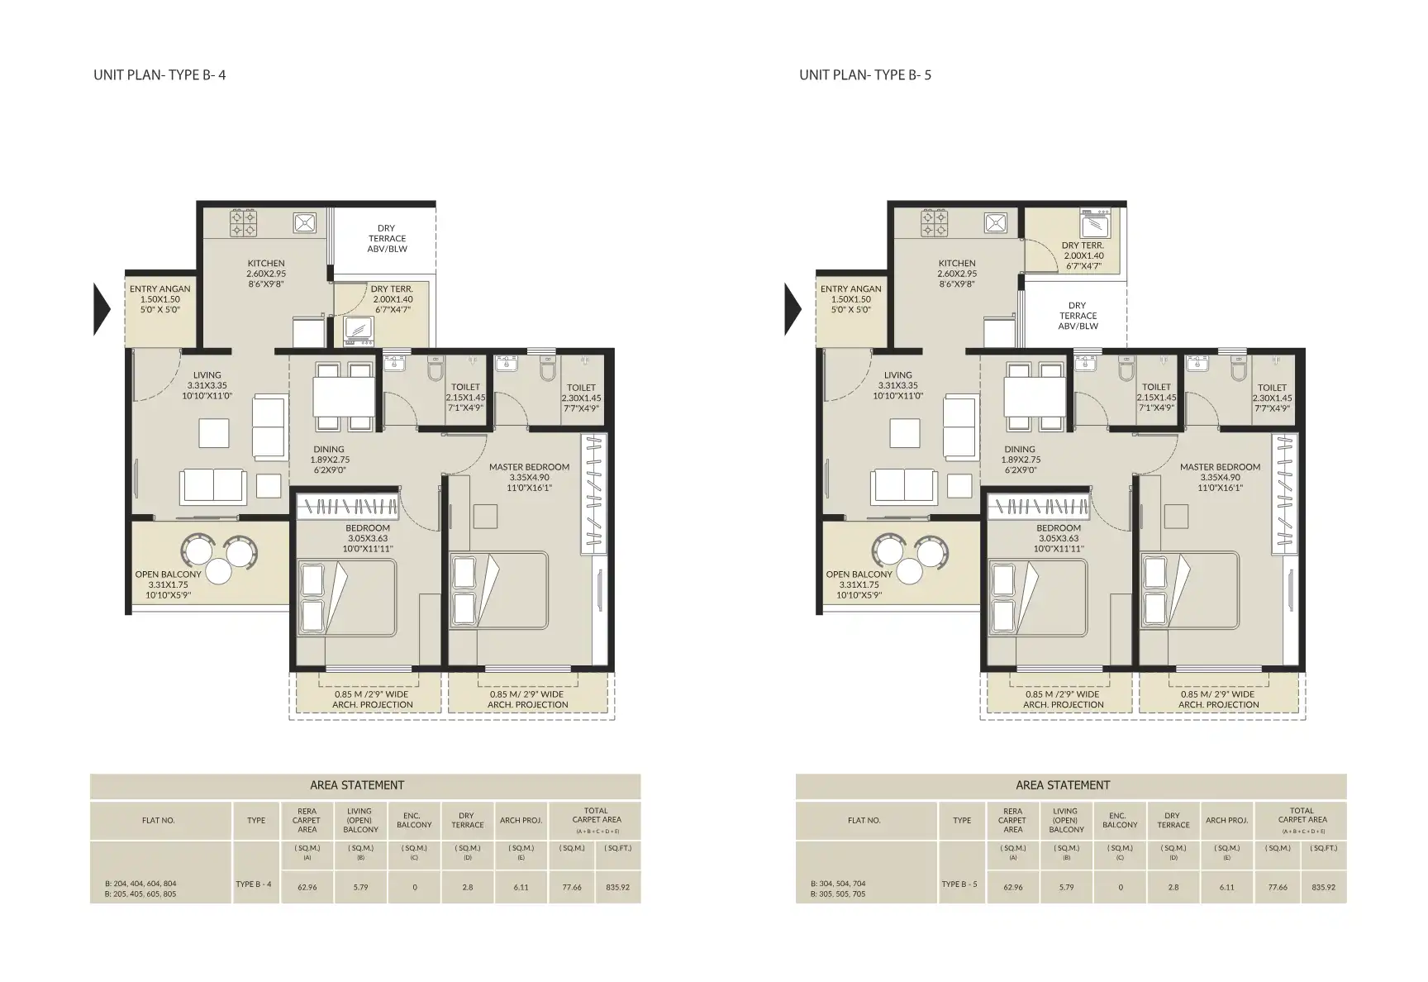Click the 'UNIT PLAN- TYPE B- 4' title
159,75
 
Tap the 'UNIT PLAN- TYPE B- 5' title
865,75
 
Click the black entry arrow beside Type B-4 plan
101,309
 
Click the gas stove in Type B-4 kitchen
242,222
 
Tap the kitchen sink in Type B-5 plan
995,222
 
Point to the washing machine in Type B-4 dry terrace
359,330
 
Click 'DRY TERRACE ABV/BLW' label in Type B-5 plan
1078,316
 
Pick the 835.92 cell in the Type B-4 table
617,887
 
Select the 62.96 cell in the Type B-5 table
1012,887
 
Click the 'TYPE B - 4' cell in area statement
253,884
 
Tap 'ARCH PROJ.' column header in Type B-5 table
1226,821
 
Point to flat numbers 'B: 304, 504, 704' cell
837,884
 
